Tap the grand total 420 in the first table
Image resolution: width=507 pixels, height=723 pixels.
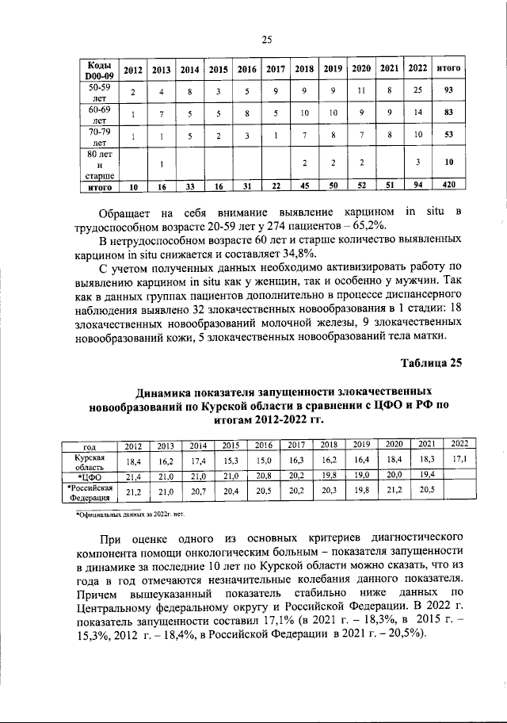click(x=449, y=188)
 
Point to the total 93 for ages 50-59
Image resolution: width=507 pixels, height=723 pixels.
click(x=449, y=93)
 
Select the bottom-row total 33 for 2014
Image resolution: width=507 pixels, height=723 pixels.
click(x=189, y=188)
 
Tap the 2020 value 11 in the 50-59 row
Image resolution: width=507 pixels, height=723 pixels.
click(x=361, y=93)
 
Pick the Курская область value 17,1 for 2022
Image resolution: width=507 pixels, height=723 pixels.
click(x=459, y=459)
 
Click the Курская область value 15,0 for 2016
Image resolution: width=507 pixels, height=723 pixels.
click(x=264, y=460)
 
